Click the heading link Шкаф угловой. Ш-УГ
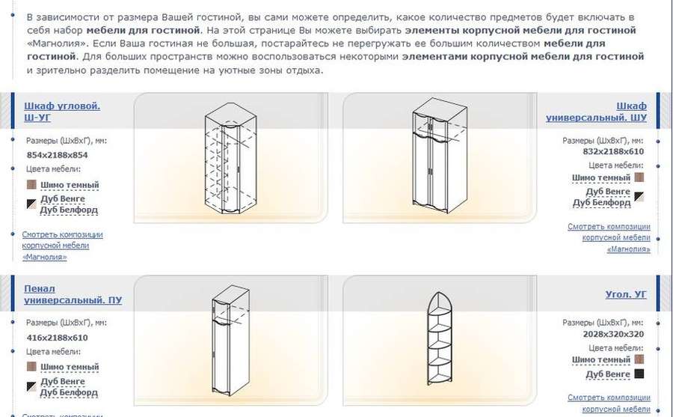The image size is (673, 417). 62,112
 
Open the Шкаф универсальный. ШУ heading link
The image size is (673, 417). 596,112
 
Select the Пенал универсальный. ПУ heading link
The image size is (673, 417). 73,294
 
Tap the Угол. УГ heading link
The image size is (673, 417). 626,294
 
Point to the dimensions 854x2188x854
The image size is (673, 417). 57,155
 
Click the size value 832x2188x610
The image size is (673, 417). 613,151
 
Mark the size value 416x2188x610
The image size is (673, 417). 57,338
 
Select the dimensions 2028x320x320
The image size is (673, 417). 613,334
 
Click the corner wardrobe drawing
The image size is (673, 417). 231,158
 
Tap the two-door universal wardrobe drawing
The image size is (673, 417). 440,156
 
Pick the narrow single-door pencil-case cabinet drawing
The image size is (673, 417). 230,340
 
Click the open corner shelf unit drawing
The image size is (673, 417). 440,338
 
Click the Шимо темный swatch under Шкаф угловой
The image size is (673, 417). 31,184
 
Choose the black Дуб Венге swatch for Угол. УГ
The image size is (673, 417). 639,374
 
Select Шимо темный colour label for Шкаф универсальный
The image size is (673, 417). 601,177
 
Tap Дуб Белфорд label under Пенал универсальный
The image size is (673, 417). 69,392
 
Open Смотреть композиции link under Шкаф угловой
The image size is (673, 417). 63,246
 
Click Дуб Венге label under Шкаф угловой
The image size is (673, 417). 63,199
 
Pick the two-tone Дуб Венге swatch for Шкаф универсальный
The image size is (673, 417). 639,197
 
